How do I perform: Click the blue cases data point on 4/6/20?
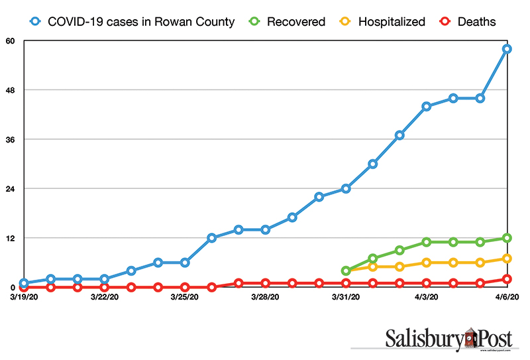(507, 49)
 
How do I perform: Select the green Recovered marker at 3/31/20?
(346, 270)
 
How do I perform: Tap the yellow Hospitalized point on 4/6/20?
(507, 259)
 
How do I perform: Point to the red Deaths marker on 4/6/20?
(507, 279)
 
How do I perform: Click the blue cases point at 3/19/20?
(24, 283)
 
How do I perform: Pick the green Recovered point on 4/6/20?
(507, 238)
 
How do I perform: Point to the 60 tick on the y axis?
(11, 40)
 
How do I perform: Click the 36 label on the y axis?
(11, 139)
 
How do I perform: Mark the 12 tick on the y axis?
(11, 238)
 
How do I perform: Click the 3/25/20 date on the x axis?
(185, 297)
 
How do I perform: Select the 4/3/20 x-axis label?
(427, 297)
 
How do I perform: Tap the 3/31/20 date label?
(346, 297)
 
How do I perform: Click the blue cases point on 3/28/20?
(265, 230)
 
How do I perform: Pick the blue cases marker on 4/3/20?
(427, 106)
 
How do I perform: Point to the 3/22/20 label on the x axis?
(104, 297)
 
